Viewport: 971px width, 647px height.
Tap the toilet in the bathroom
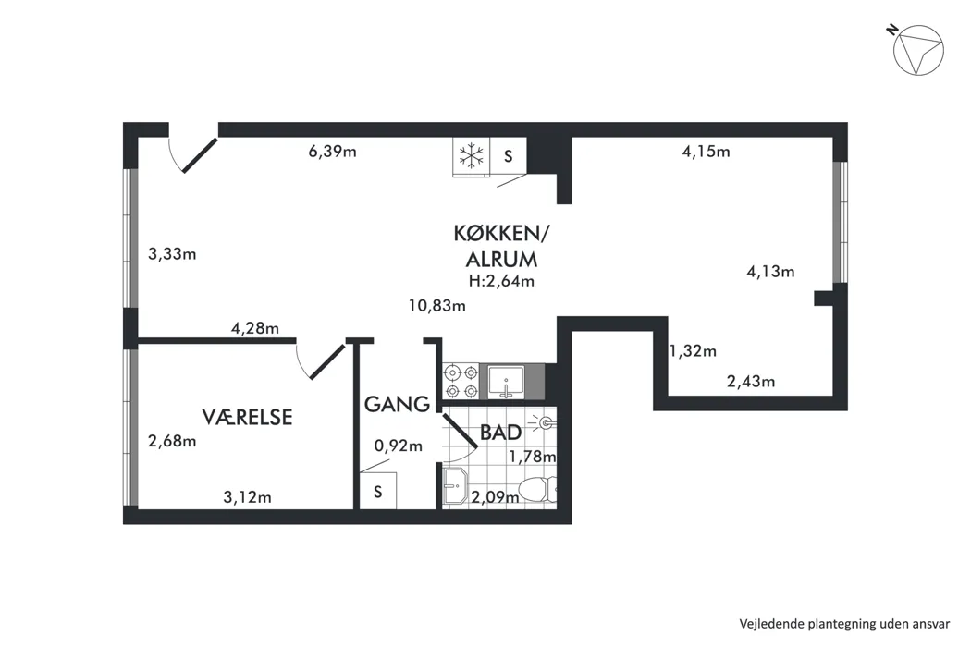coord(537,490)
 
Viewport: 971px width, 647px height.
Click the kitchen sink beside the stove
coord(506,382)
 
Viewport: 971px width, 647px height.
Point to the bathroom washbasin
coord(455,486)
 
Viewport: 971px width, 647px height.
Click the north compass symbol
coord(917,50)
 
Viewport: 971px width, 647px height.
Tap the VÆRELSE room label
coord(247,417)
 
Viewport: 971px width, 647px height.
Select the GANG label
coord(397,404)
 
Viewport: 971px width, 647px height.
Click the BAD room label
coord(500,433)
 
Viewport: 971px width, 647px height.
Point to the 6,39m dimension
coord(333,151)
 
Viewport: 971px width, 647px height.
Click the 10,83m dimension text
coord(437,305)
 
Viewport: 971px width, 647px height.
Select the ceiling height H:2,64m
coord(501,280)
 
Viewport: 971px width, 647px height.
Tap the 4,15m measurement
coord(706,151)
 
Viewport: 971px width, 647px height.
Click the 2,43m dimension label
coord(751,382)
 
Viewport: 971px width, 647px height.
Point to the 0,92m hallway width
coord(399,446)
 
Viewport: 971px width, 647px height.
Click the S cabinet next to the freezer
coord(509,156)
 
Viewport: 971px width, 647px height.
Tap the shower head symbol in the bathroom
coord(545,423)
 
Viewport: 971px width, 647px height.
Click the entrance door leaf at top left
coord(200,154)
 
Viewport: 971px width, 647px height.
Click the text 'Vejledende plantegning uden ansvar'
coord(844,624)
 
